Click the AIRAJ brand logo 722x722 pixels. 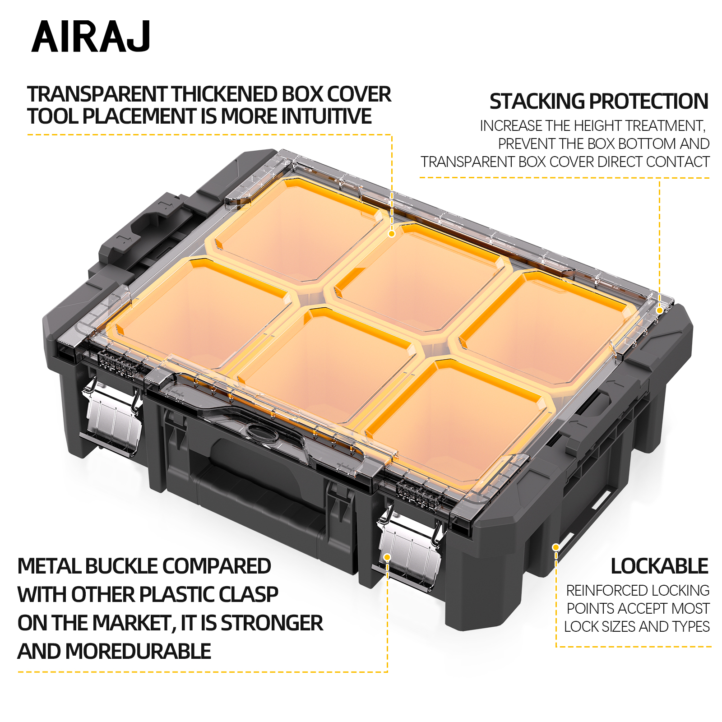91,37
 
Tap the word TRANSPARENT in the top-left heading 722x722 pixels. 97,94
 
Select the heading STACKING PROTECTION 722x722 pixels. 599,102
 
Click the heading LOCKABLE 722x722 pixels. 659,566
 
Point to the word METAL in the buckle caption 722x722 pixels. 49,566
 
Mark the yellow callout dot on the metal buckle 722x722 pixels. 387,558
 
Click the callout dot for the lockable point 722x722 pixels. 556,547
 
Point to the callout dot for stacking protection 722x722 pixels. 659,310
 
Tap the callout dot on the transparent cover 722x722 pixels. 392,234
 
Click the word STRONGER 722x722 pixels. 272,623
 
